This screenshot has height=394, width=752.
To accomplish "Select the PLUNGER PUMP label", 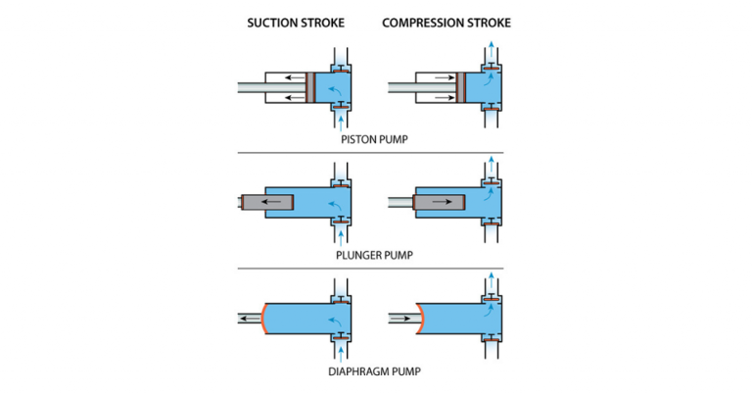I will point(376,255).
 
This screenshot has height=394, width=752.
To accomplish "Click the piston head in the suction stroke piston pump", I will point(309,87).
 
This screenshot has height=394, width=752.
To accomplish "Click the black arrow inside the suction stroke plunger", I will point(278,203).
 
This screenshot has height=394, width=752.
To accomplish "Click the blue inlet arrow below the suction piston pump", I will point(340,123).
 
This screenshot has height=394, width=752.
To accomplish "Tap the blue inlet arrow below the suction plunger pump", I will point(340,238).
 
